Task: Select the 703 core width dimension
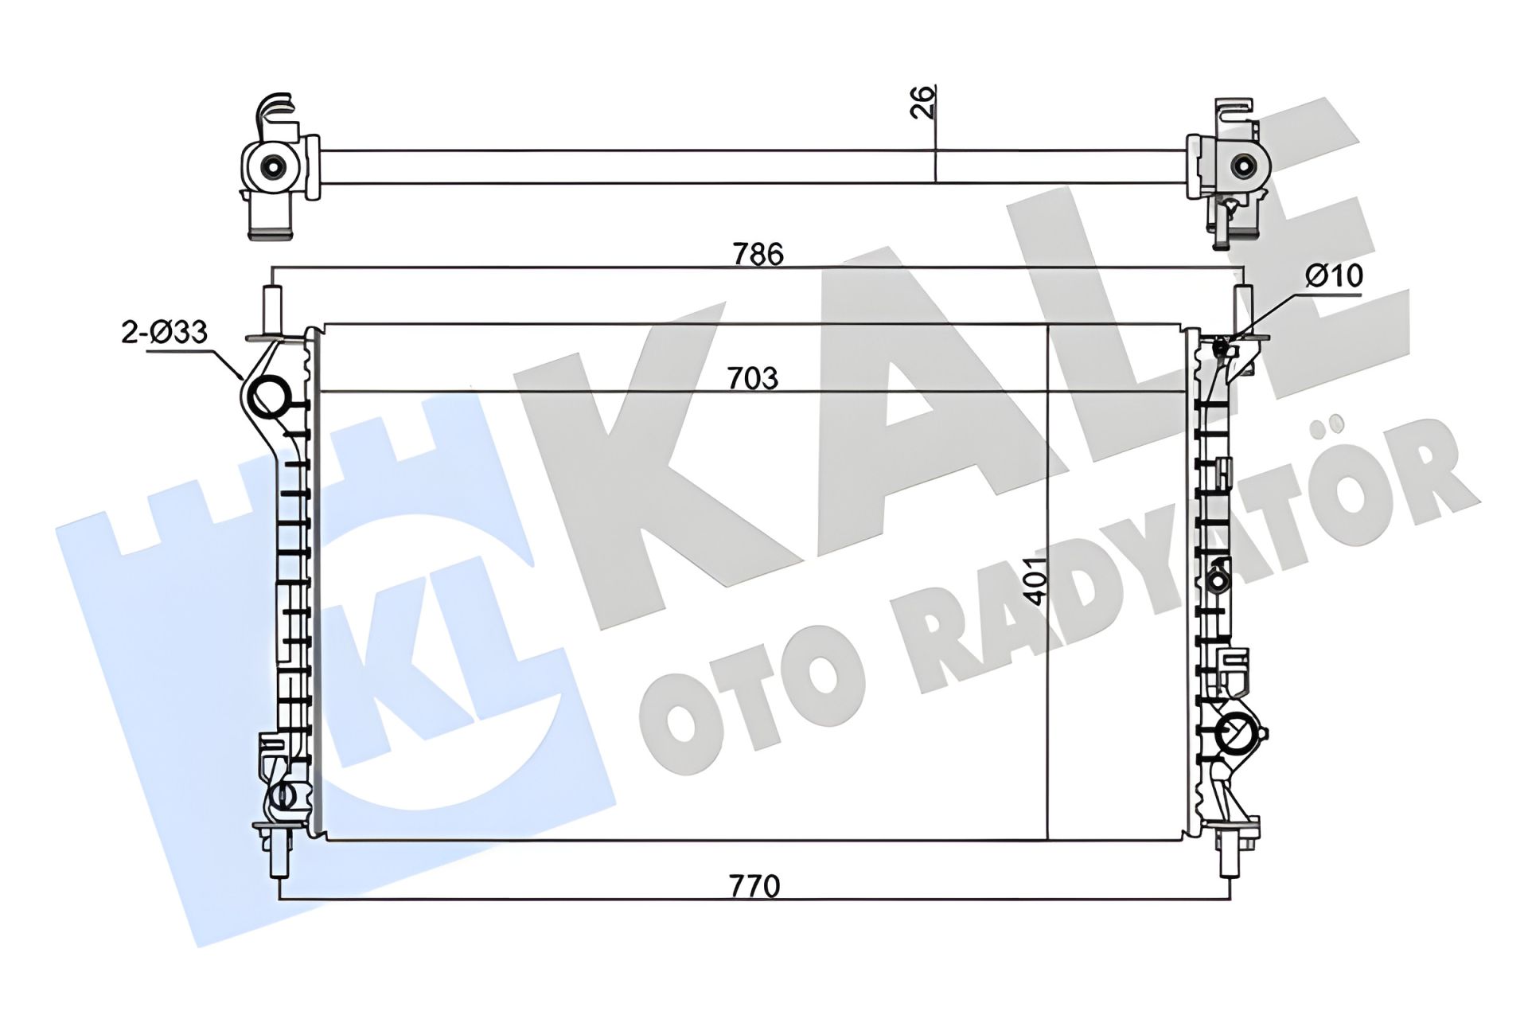[x=753, y=378]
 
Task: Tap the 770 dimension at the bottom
[x=754, y=885]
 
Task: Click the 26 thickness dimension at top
[x=922, y=101]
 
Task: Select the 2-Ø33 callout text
[x=165, y=331]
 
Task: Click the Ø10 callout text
[x=1335, y=275]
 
